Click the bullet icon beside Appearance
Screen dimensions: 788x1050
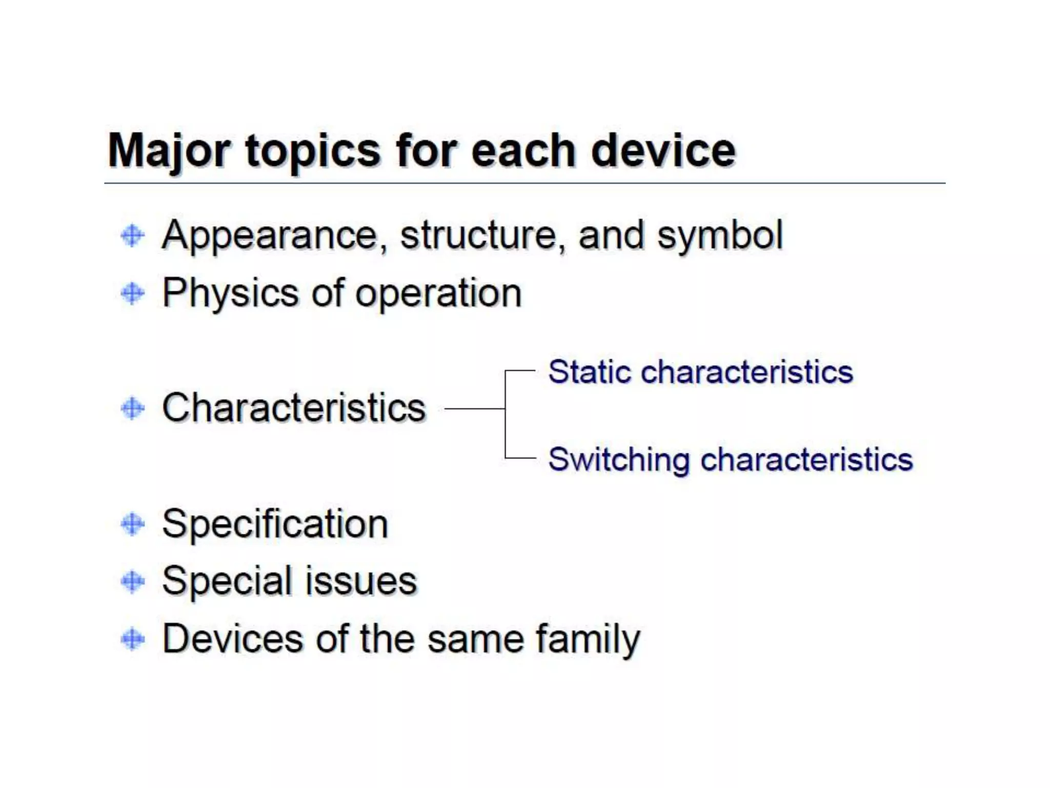(133, 236)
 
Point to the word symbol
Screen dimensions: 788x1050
(720, 236)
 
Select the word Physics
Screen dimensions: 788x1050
(230, 294)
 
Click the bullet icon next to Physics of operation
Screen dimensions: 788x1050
(133, 294)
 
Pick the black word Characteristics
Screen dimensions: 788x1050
(294, 408)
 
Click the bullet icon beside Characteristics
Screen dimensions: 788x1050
(133, 409)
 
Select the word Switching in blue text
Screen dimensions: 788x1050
(618, 460)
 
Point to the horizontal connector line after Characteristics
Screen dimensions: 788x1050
(474, 409)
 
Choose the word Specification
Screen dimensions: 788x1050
(275, 525)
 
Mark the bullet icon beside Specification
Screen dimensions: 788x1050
(133, 524)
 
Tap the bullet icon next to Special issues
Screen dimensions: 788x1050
(133, 582)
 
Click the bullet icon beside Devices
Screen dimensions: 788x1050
(133, 639)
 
